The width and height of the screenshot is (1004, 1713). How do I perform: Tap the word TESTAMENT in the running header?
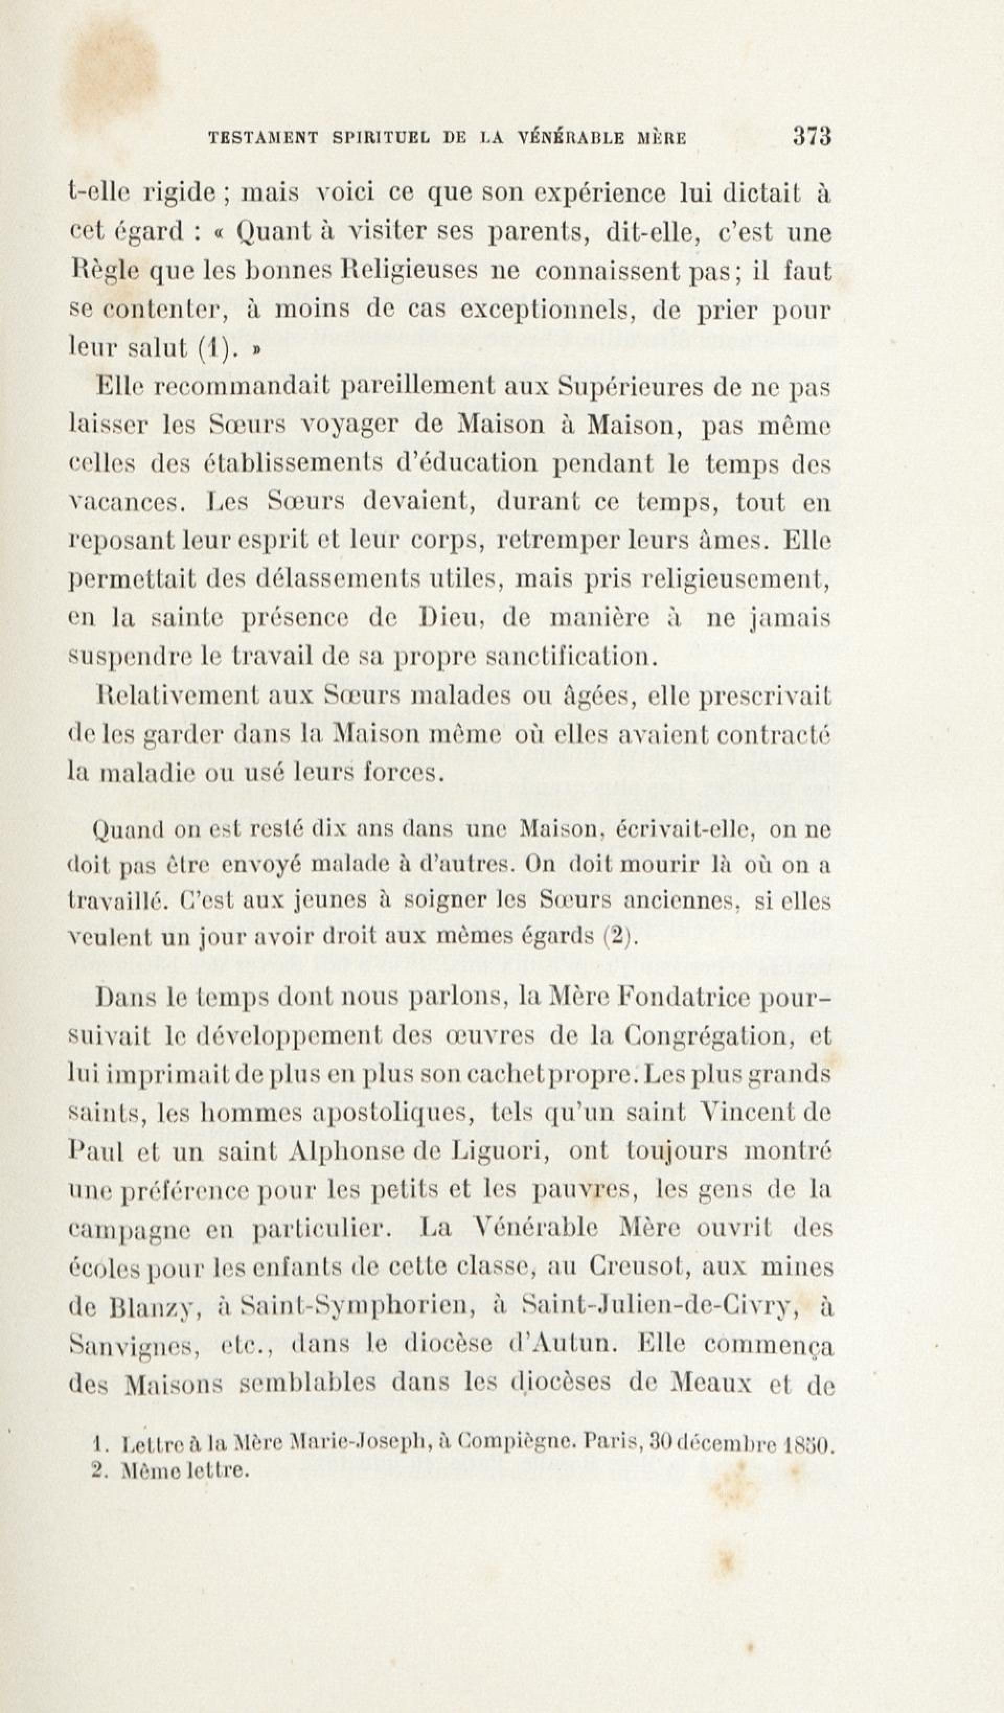click(x=263, y=138)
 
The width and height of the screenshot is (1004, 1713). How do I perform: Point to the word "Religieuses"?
click(x=430, y=272)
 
